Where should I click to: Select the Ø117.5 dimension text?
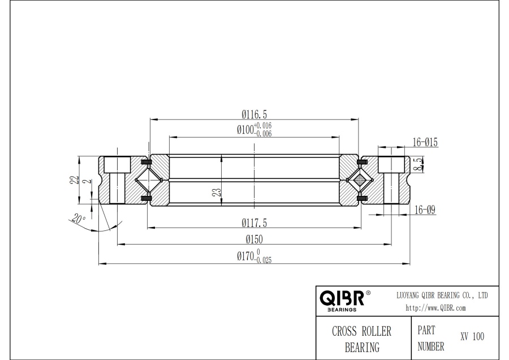254,221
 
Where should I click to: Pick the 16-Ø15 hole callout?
426,142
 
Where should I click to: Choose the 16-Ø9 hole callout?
424,209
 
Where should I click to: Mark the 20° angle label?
79,219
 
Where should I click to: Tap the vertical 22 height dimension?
72,179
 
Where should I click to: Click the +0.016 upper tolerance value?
264,125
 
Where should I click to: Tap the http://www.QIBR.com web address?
435,308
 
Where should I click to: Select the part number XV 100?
472,336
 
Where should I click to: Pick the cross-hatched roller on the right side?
357,181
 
